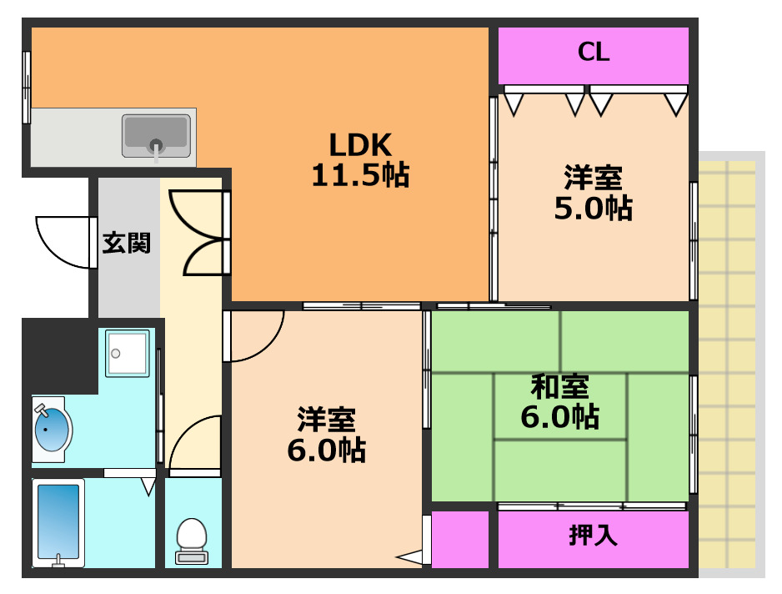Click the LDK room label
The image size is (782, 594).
tap(359, 145)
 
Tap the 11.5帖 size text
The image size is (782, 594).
tap(359, 175)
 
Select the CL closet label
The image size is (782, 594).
tap(594, 53)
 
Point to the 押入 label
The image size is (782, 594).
tap(594, 535)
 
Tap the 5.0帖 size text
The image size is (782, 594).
tap(594, 208)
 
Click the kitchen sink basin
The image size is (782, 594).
tap(155, 135)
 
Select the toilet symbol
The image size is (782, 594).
tap(193, 539)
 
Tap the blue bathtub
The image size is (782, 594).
tap(58, 522)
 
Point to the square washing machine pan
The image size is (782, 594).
tap(128, 353)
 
